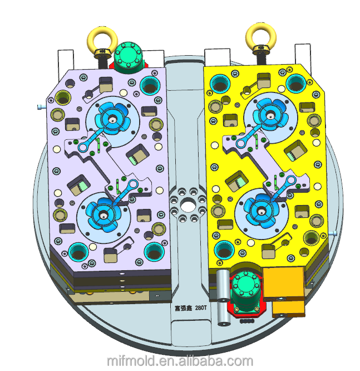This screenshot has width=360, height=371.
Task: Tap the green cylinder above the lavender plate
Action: pyautogui.click(x=129, y=56)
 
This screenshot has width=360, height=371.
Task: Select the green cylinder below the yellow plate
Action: pyautogui.click(x=246, y=291)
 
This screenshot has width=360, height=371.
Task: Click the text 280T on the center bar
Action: pyautogui.click(x=201, y=307)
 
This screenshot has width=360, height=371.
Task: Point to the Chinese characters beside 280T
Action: pyautogui.click(x=184, y=308)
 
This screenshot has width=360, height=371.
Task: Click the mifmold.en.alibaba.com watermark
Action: pyautogui.click(x=180, y=361)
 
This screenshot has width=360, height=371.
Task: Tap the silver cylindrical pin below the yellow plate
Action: pyautogui.click(x=223, y=297)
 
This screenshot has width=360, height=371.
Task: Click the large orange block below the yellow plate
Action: pyautogui.click(x=283, y=282)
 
